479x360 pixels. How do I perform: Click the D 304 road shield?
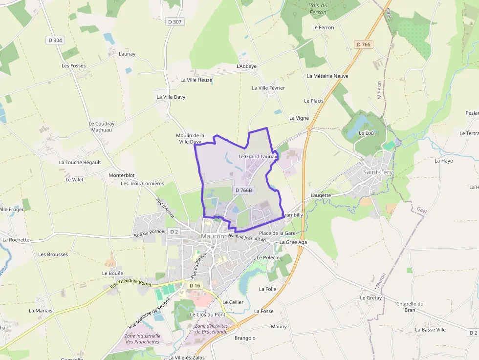click(x=55, y=40)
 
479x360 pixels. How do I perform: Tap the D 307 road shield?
click(x=174, y=21)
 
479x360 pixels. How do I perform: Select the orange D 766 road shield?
click(x=364, y=44)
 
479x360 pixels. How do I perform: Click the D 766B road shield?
click(x=243, y=190)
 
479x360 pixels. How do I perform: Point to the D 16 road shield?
click(x=195, y=285)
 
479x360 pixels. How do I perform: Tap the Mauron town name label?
click(x=213, y=236)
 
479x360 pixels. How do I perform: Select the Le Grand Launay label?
click(x=258, y=157)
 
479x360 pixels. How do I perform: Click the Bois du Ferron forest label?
click(x=318, y=9)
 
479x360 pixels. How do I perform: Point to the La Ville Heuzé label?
click(x=196, y=80)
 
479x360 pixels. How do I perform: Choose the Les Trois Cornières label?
click(x=143, y=184)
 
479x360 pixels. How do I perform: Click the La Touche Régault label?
click(x=80, y=162)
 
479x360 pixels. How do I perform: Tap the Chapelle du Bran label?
click(x=410, y=307)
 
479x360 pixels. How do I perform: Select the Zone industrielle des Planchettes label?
click(x=143, y=339)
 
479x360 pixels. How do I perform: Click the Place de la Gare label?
click(x=277, y=233)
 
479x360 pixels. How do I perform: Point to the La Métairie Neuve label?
click(x=327, y=76)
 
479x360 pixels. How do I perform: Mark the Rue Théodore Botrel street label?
click(x=131, y=285)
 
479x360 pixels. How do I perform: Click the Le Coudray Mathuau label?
click(x=102, y=127)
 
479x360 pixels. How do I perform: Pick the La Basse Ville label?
click(x=431, y=330)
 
